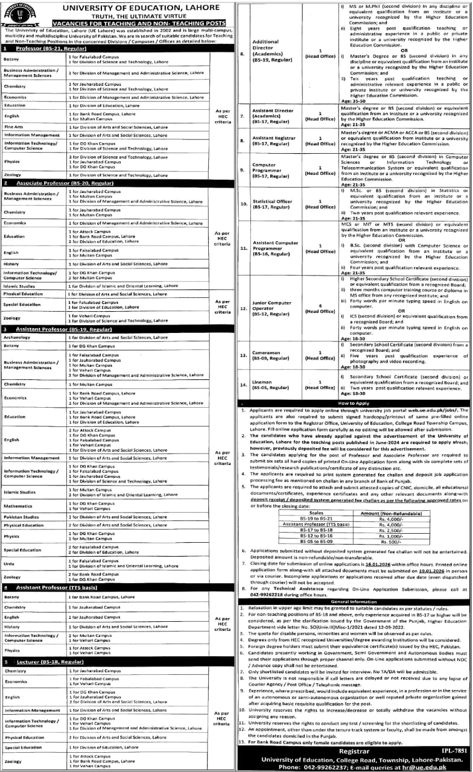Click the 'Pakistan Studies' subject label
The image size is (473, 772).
pos(21,517)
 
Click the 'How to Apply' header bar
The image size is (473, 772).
pos(355,402)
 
